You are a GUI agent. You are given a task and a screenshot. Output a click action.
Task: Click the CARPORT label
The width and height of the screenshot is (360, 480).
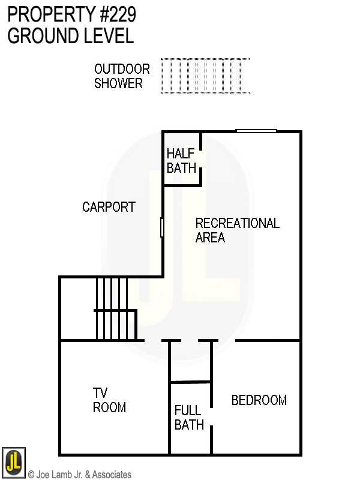(109, 208)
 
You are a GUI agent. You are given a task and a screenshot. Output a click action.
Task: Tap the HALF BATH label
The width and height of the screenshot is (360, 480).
(181, 161)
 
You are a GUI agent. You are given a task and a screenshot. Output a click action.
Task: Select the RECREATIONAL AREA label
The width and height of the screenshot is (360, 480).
(237, 230)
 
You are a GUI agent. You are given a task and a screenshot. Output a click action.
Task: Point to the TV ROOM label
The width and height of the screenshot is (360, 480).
(109, 400)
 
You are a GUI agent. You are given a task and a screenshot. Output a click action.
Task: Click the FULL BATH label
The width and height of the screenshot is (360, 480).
(189, 418)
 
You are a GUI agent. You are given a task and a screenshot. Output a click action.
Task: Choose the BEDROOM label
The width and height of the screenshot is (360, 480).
(259, 400)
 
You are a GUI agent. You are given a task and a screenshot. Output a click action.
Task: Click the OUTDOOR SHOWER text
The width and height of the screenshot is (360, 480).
(121, 76)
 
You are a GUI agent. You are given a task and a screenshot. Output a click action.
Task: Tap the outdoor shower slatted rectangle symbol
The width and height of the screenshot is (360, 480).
(205, 76)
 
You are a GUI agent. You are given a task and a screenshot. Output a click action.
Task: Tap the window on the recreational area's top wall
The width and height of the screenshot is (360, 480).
(256, 131)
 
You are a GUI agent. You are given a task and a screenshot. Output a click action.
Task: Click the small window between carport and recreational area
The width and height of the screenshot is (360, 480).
(162, 227)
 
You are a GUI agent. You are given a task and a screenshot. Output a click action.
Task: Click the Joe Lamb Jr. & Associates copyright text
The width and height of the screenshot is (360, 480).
(80, 475)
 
